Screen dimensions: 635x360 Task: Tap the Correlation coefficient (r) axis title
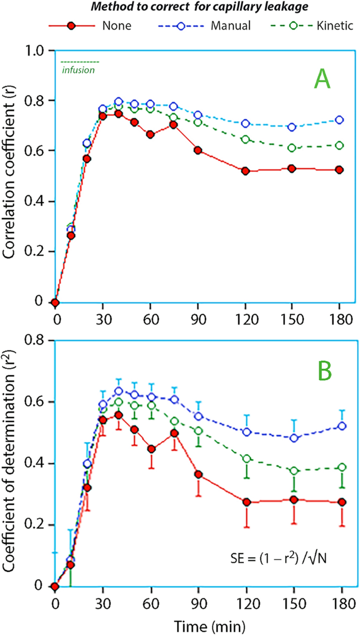pyautogui.click(x=11, y=176)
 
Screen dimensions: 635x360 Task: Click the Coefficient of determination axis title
pyautogui.click(x=11, y=462)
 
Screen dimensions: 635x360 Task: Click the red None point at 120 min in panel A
pyautogui.click(x=245, y=171)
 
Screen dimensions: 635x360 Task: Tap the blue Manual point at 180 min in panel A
pyautogui.click(x=340, y=120)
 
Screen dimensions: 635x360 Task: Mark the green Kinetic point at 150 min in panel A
pyautogui.click(x=292, y=148)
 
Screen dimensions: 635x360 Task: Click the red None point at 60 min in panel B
pyautogui.click(x=151, y=449)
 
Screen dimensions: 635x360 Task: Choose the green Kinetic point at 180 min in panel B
pyautogui.click(x=340, y=467)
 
